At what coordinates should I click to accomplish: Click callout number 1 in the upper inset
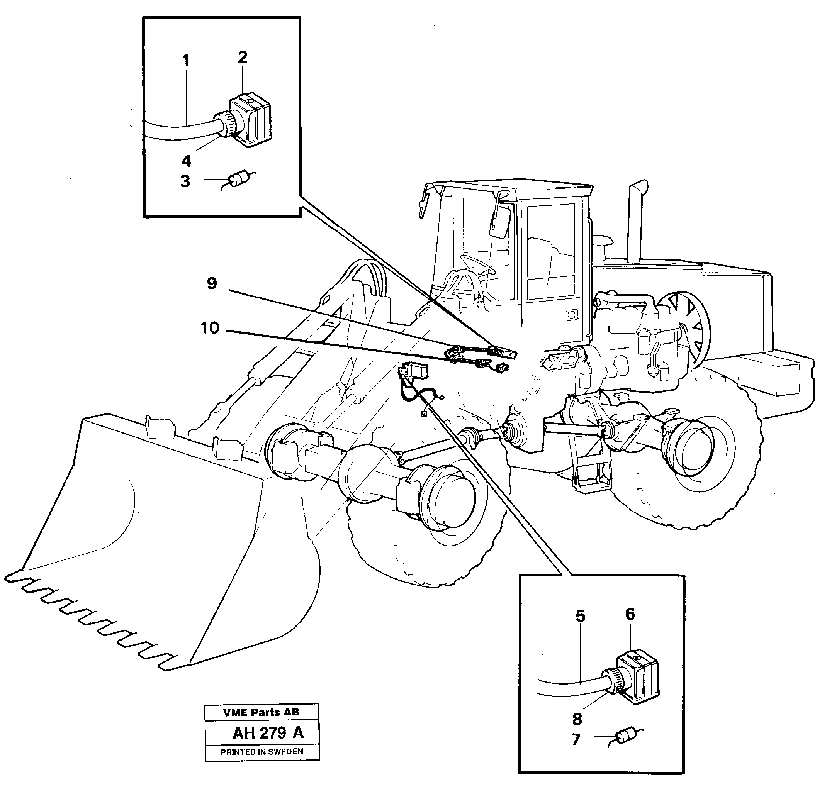tap(186, 61)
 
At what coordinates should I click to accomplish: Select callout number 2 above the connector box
tap(243, 57)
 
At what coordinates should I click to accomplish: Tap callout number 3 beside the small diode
tap(185, 181)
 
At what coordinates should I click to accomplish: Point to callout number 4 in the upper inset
tap(186, 161)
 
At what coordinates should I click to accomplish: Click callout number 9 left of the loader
tap(212, 283)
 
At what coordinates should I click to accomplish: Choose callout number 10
tap(210, 328)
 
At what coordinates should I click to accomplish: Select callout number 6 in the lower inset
tap(630, 614)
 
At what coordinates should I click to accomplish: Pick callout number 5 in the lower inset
tap(580, 616)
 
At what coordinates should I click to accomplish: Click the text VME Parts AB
tap(261, 712)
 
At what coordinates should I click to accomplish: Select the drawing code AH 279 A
tap(268, 733)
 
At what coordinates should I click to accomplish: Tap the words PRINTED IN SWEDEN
tap(262, 752)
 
